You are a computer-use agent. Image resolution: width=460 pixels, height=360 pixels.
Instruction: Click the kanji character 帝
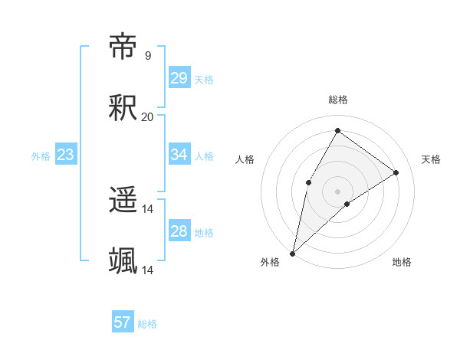(123, 47)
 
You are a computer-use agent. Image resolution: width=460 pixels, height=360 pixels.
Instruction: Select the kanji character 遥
(123, 201)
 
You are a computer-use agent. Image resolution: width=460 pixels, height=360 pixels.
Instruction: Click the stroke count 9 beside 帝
(147, 55)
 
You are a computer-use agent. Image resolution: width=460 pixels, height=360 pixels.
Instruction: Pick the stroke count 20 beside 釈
(147, 116)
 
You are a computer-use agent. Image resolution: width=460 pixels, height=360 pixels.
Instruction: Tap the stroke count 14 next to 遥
(148, 208)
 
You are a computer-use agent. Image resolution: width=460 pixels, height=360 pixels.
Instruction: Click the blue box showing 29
(179, 78)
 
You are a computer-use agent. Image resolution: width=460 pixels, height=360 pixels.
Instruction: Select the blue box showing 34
(179, 155)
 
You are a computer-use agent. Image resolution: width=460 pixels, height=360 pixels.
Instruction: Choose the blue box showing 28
(179, 231)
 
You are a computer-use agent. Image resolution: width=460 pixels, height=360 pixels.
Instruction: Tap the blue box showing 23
(65, 155)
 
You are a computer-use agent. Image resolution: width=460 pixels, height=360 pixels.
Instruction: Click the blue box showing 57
(122, 322)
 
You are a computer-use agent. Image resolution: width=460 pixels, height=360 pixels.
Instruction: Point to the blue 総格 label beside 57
(147, 324)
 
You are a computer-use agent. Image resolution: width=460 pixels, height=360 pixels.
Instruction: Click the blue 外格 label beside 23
(41, 156)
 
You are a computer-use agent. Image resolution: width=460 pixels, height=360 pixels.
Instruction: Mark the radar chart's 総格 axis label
(338, 100)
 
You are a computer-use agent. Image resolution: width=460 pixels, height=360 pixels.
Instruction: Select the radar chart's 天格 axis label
(431, 159)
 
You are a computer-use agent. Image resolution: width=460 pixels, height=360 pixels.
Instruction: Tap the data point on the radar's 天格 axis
(396, 172)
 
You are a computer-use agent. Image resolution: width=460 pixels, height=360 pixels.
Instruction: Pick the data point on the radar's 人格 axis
(308, 182)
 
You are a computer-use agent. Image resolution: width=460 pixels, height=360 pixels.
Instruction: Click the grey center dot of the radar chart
(337, 191)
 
